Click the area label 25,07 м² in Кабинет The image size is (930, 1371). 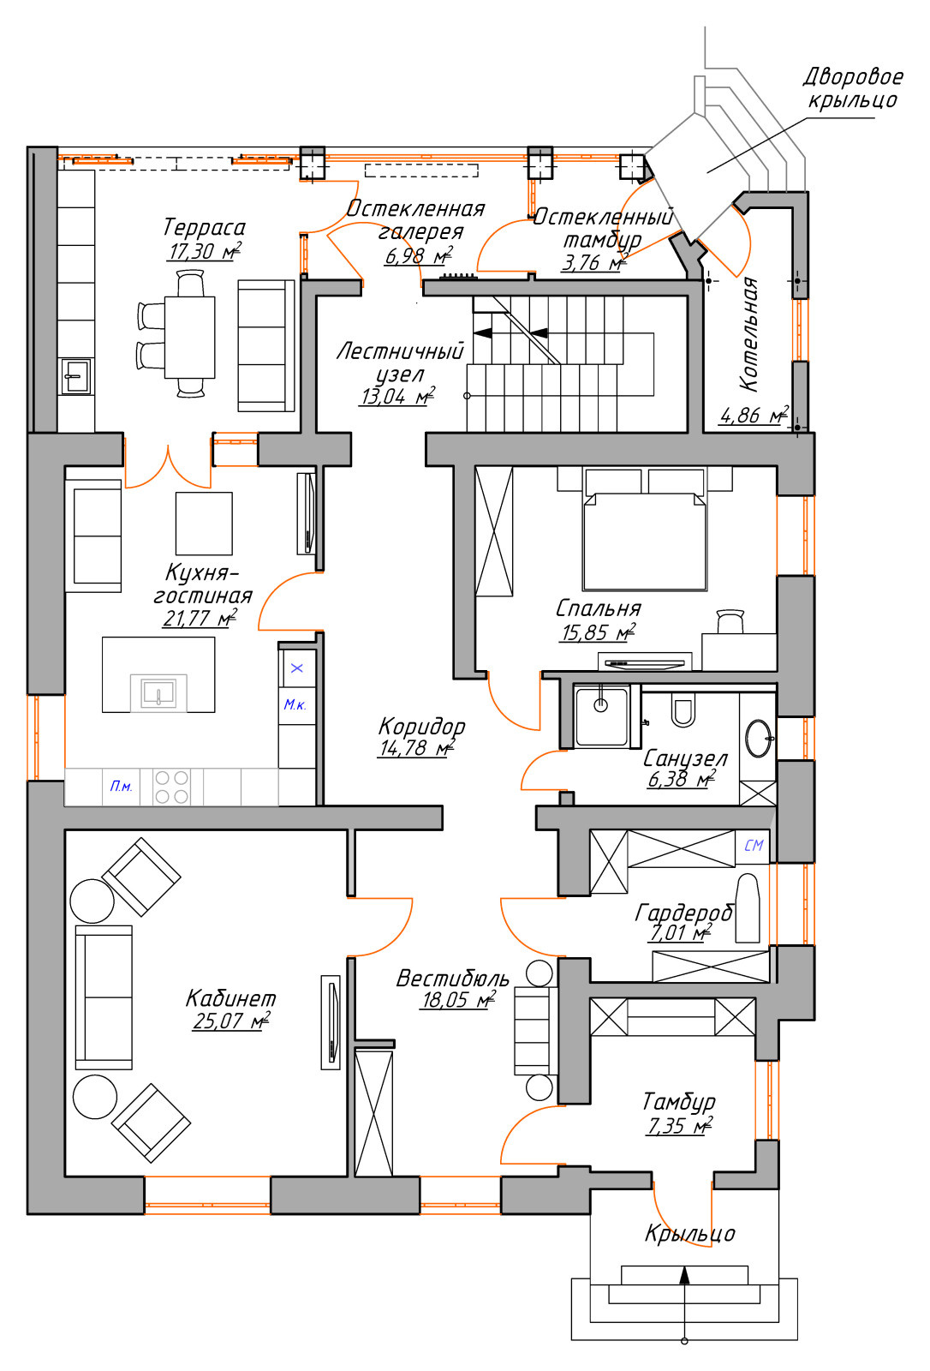tap(231, 1021)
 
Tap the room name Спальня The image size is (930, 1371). tap(598, 608)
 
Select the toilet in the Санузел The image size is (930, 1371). tap(683, 709)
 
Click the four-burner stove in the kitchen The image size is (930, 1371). tap(171, 787)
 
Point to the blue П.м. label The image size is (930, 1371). tap(121, 787)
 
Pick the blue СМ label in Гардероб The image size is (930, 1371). tap(754, 845)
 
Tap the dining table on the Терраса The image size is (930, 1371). tap(189, 338)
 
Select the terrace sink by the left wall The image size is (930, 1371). tap(76, 376)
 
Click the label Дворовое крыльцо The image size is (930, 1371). tap(853, 88)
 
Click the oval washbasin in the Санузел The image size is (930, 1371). tap(760, 739)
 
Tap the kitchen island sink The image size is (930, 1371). tap(158, 693)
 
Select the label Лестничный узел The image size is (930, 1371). tap(400, 362)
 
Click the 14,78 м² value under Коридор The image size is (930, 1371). tap(417, 748)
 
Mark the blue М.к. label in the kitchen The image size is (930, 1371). tap(295, 705)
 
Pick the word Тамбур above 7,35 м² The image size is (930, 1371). tap(678, 1102)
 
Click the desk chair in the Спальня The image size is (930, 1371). tap(730, 621)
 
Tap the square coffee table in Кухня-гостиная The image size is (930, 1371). tap(204, 524)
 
